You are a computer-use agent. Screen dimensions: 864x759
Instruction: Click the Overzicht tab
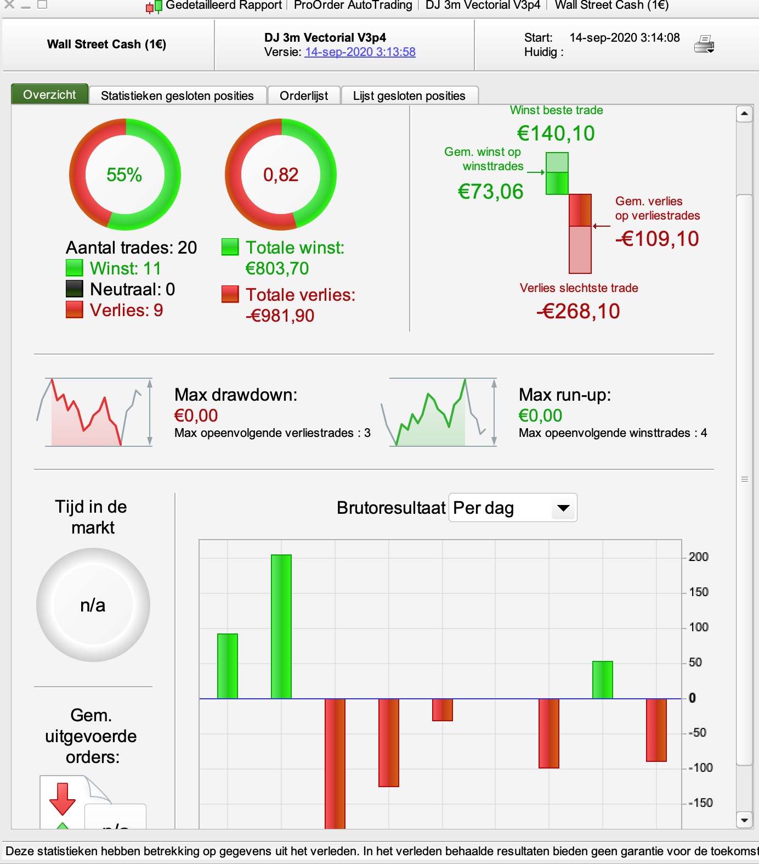49,94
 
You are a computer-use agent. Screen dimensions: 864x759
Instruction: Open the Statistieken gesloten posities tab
177,96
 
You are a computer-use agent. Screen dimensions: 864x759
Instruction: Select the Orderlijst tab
304,96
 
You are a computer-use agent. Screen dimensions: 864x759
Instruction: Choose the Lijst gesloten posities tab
409,96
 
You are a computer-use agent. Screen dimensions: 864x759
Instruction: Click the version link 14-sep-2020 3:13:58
360,52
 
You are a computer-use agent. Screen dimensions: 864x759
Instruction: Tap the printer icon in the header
704,44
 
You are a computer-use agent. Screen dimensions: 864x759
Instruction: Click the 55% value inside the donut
124,175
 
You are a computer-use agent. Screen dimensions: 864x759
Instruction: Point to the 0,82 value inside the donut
281,175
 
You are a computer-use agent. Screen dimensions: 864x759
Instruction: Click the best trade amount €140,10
556,133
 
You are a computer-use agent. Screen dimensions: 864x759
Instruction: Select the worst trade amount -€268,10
579,311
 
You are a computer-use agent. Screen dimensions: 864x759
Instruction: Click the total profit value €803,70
277,268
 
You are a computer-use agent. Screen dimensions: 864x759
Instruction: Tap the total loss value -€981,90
280,316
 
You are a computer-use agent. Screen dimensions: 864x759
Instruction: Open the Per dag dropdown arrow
563,508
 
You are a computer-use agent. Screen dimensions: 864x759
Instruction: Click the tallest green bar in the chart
281,626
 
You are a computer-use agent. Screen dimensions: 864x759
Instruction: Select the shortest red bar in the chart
443,709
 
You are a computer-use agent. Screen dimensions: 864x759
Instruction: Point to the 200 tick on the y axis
698,557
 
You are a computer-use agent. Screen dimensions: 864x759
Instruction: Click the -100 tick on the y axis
700,767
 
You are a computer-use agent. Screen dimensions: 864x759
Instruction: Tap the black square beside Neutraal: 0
74,289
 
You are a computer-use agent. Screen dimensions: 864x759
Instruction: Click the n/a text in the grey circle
93,605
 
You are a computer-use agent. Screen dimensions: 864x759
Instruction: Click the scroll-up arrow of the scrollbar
744,114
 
